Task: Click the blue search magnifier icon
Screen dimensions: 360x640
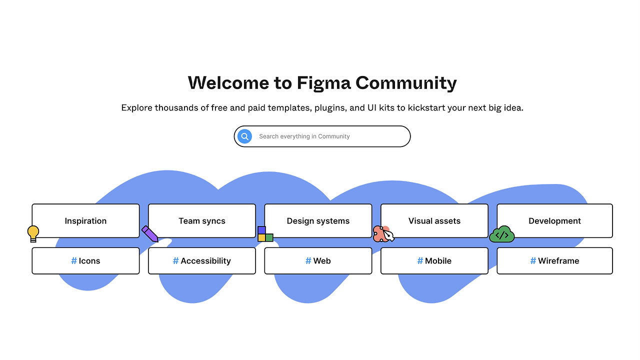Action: [244, 136]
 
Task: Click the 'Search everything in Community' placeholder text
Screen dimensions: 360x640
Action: [304, 136]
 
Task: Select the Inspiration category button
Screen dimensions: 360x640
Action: [85, 220]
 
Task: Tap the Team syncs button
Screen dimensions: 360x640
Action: [202, 220]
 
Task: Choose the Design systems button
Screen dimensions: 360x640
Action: [318, 220]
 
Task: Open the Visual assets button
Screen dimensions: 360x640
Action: [434, 220]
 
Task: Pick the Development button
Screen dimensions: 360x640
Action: [554, 220]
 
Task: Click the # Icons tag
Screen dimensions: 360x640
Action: [85, 260]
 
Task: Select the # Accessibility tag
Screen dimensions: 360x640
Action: [202, 260]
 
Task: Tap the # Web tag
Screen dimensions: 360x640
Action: [318, 260]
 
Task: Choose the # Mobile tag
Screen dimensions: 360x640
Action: [434, 260]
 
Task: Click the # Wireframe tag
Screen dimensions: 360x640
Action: [554, 260]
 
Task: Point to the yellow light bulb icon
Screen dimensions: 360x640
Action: [33, 233]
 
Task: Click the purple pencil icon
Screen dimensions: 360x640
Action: [150, 233]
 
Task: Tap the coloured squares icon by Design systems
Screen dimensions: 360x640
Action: [265, 234]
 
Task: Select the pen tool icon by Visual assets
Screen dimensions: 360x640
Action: [383, 234]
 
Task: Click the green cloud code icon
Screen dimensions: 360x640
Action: [501, 234]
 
